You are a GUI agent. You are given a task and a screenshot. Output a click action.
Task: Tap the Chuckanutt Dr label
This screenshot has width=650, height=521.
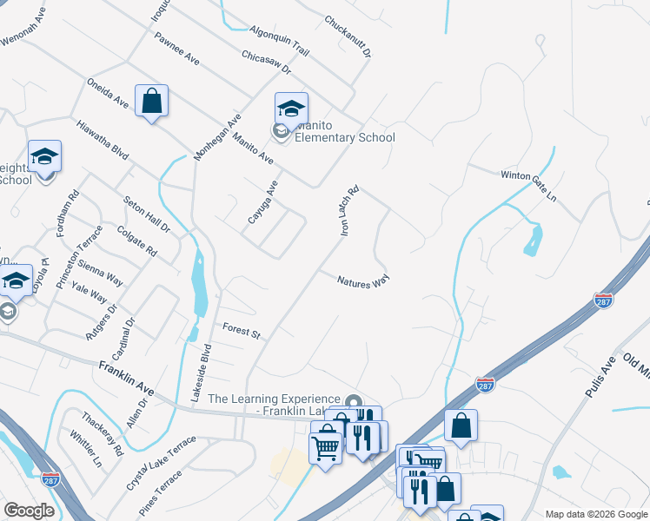pos(348,36)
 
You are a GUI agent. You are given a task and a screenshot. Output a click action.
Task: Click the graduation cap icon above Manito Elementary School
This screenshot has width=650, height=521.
pos(291,109)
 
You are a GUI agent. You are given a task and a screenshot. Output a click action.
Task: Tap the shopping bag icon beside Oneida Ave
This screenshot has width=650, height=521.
pos(151,101)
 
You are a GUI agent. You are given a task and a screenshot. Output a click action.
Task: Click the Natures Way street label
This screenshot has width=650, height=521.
pos(363,280)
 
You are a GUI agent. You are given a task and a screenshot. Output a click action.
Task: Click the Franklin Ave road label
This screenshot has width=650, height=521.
pos(126,379)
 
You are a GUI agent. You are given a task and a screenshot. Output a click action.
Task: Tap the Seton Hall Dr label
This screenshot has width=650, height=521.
pos(146,214)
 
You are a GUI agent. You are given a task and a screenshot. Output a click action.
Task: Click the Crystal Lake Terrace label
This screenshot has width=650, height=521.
pos(162,461)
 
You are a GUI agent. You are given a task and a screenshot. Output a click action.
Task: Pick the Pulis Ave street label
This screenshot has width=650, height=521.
pos(600,376)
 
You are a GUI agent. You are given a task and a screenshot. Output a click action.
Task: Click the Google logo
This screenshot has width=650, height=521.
pos(29,511)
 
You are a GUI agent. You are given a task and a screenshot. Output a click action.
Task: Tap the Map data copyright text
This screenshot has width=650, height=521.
pos(597,514)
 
